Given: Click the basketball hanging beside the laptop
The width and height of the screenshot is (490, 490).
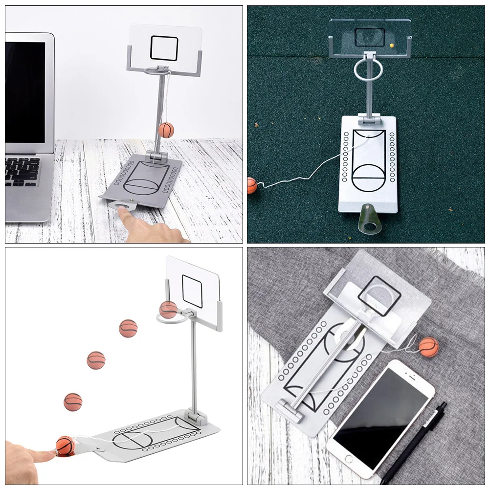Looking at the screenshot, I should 166,130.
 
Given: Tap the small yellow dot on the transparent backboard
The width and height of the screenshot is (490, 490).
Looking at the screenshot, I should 392,45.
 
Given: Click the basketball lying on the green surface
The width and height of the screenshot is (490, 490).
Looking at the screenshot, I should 252,185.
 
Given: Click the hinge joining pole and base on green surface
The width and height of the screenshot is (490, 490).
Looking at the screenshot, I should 368,118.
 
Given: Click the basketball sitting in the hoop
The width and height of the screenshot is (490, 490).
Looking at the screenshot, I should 168,310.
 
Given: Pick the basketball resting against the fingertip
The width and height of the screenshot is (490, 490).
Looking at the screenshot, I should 65,445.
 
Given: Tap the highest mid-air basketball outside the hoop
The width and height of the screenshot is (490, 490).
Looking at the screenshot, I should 128,328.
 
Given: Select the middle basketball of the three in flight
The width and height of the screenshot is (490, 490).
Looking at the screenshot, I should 96,360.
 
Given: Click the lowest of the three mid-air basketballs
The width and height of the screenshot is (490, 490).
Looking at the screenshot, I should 73,402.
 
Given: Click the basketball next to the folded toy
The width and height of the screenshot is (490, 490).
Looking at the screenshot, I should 429,347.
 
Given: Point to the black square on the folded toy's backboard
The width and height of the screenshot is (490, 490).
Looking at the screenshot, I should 379,295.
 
